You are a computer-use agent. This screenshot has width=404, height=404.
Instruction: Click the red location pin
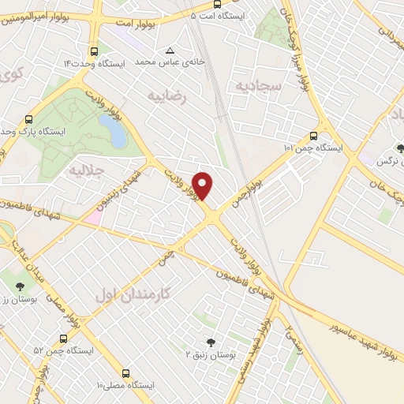[204, 185]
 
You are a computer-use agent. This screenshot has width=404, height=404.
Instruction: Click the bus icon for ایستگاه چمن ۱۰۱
[314, 135]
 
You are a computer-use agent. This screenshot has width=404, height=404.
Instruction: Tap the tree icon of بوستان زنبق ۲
[211, 342]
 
